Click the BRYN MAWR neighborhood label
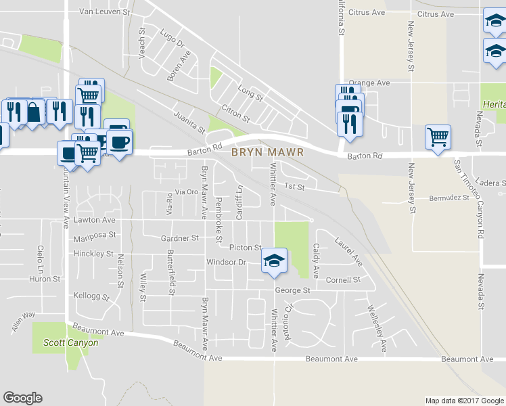click(267, 152)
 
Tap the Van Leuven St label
click(104, 12)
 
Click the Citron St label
click(235, 114)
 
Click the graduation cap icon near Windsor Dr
click(274, 261)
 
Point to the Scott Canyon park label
click(71, 343)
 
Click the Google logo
click(22, 398)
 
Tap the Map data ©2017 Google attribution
click(463, 401)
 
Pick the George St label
click(292, 290)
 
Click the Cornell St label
click(342, 279)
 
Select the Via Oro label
click(187, 192)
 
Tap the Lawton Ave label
click(95, 220)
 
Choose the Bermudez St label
click(449, 198)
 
